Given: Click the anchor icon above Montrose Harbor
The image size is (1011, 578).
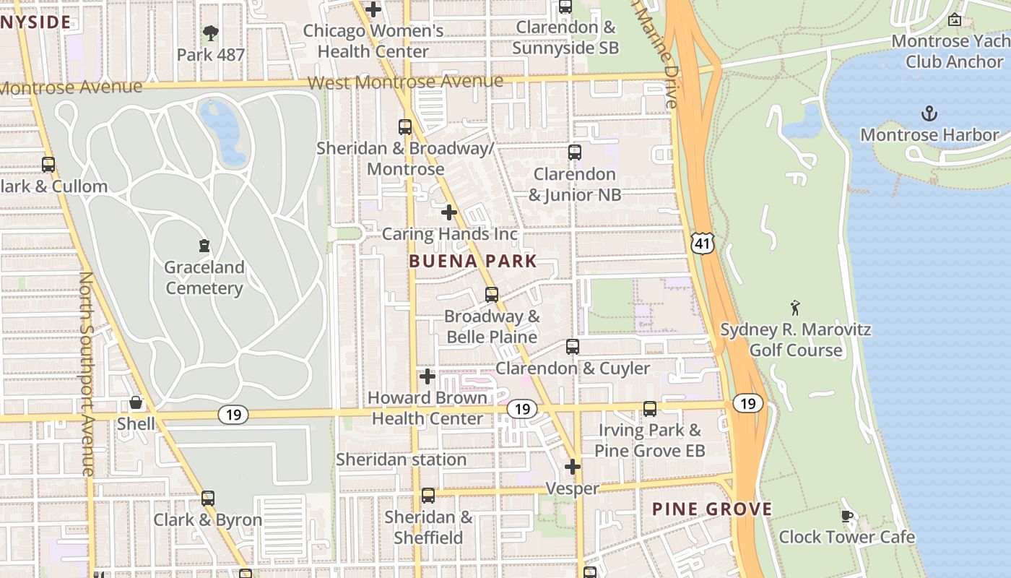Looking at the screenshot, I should click(x=929, y=113).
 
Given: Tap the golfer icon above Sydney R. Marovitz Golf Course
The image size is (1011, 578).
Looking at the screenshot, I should click(x=795, y=308).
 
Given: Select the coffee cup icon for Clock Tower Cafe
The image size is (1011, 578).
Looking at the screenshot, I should click(x=847, y=516).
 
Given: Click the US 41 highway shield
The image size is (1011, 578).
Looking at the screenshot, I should click(x=703, y=243).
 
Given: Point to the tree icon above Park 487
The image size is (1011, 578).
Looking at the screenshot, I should click(x=211, y=33).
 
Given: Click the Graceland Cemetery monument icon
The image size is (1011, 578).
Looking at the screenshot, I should click(x=204, y=246).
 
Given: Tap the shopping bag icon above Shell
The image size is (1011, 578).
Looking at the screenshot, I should click(x=136, y=402).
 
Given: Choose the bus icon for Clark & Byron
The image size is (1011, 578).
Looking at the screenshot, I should click(x=208, y=498).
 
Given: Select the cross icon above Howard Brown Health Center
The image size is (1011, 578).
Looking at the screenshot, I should click(x=428, y=376).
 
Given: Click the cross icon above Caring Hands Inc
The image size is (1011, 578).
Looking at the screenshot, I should click(x=449, y=212).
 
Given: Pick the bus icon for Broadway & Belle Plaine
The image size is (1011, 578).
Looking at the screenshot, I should click(x=492, y=295).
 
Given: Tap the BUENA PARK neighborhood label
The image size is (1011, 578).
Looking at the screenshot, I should click(x=473, y=262).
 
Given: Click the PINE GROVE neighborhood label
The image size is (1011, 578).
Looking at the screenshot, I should click(x=712, y=509).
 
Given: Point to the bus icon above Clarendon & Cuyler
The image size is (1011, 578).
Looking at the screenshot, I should click(x=573, y=347).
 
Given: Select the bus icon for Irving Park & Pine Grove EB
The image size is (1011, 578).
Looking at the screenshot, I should click(x=650, y=409).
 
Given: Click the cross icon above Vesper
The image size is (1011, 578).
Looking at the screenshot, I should click(x=573, y=467).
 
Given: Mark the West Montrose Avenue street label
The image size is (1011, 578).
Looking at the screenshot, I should click(x=405, y=82).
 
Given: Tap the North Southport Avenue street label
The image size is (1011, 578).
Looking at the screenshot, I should click(x=87, y=374).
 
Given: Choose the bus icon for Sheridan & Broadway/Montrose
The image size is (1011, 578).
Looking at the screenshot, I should click(x=405, y=127).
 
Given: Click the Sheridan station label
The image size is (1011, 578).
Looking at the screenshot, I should click(x=401, y=460).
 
